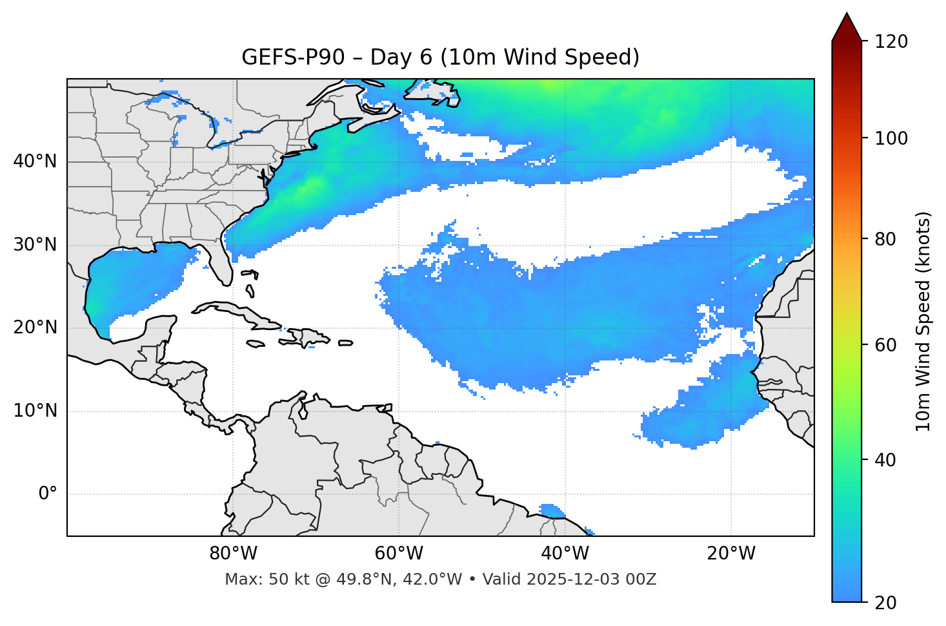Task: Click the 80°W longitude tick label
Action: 233,554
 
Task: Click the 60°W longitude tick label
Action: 399,554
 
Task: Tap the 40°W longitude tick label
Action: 565,554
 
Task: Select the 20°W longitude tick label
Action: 730,554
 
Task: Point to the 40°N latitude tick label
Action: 35,162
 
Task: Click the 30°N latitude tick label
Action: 35,245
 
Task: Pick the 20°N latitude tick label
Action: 35,328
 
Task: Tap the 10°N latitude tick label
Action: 35,411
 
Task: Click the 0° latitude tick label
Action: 48,494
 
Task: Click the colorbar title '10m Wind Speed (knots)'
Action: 923,321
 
